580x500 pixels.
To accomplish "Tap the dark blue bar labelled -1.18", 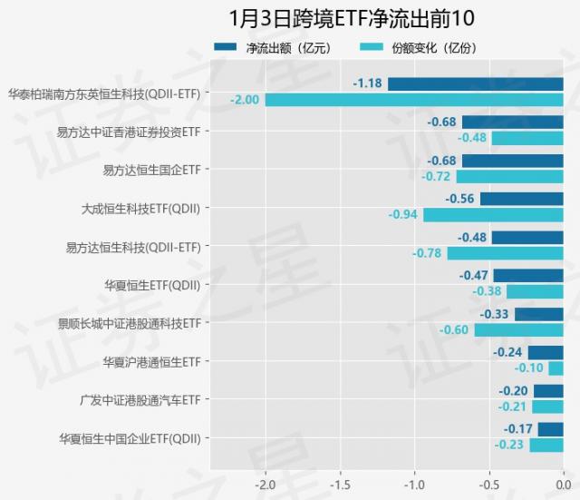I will coord(475,84).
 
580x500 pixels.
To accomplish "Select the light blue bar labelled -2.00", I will coord(414,99).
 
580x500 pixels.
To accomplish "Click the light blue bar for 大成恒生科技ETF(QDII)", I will coord(493,215).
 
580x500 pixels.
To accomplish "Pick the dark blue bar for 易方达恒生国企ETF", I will coord(512,162).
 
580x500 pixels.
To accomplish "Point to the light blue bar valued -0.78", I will coord(505,253).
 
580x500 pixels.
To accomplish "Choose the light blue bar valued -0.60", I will coord(518,329).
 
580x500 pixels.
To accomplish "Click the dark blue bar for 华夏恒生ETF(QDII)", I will coord(528,276).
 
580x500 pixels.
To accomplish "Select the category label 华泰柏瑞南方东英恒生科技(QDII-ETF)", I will coord(104,93).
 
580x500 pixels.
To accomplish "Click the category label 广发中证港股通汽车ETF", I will coord(140,399).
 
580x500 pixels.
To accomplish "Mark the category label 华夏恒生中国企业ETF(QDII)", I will coord(130,438).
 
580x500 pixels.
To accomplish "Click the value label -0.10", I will coord(528,368).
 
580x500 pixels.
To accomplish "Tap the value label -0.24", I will coord(508,352).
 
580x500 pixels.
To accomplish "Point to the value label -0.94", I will coord(403,215).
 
